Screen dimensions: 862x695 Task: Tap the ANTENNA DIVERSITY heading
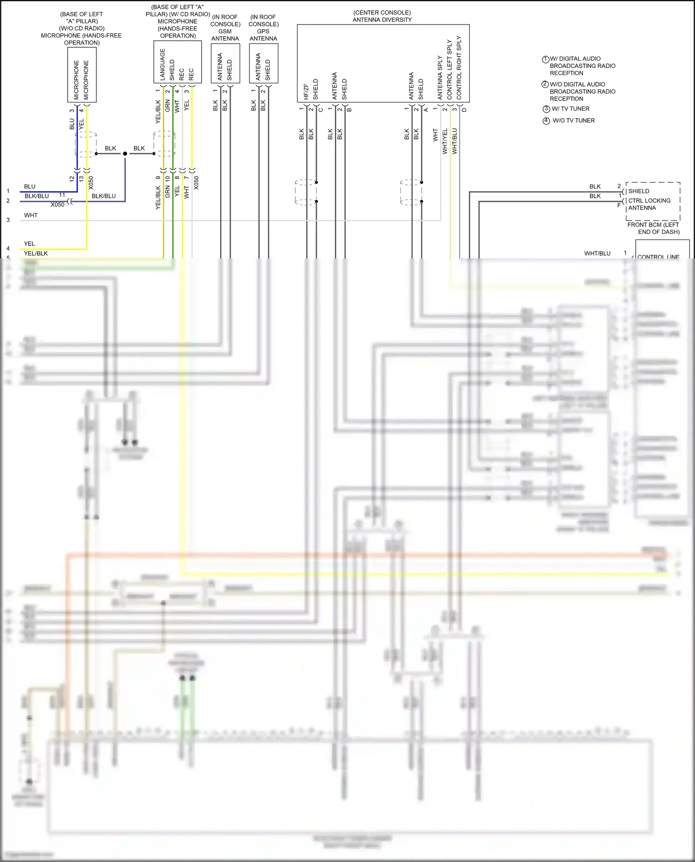(382, 19)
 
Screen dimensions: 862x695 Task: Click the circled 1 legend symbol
(545, 59)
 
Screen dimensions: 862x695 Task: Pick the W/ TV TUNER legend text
(570, 109)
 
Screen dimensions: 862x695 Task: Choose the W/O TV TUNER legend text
(574, 120)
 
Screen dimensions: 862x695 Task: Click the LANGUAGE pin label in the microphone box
(163, 65)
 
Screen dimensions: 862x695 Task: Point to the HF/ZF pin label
(306, 92)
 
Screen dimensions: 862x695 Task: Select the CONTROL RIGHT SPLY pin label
(459, 68)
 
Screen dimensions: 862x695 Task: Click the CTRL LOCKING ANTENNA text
(649, 204)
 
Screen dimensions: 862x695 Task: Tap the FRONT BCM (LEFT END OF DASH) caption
(653, 228)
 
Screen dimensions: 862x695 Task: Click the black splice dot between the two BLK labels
(125, 153)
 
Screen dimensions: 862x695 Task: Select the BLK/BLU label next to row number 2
(37, 196)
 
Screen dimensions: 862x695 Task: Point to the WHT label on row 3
(31, 215)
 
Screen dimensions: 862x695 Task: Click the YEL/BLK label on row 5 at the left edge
(36, 253)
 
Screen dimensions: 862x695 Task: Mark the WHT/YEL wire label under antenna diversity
(445, 141)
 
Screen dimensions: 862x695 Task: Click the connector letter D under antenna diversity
(464, 110)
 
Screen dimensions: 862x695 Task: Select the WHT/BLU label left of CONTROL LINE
(597, 253)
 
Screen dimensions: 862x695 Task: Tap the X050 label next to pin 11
(57, 205)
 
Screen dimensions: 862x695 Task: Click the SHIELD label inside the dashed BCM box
(638, 191)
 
